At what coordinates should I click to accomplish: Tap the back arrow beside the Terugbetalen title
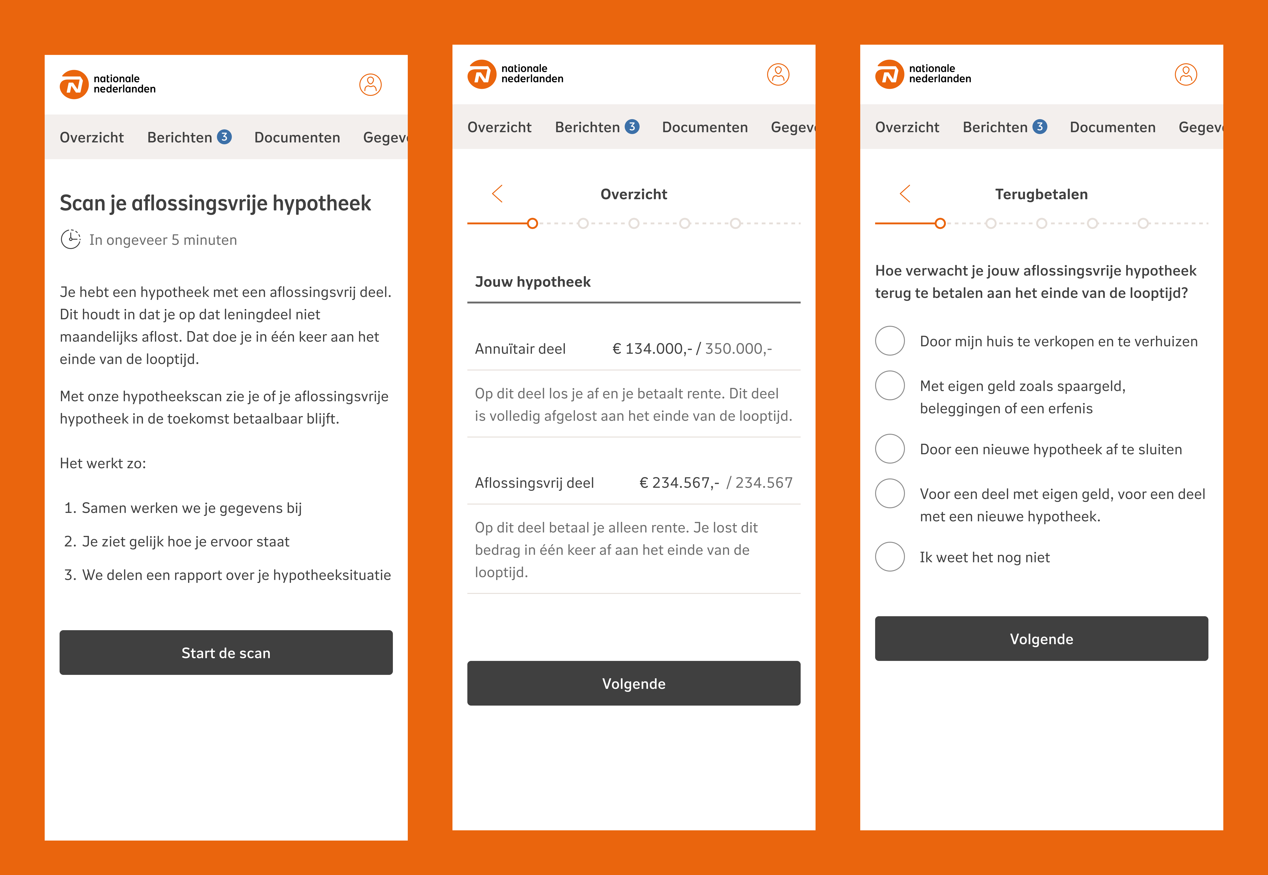[905, 194]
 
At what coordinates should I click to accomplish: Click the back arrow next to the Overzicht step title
[497, 194]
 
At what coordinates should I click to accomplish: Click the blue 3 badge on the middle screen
[632, 127]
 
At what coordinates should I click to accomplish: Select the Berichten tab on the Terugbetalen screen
[995, 127]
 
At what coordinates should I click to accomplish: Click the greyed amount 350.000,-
[739, 349]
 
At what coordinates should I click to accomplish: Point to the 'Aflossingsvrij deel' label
[534, 483]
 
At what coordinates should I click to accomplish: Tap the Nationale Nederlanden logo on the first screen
[108, 84]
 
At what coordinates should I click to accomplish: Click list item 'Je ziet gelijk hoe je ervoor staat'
[185, 542]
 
